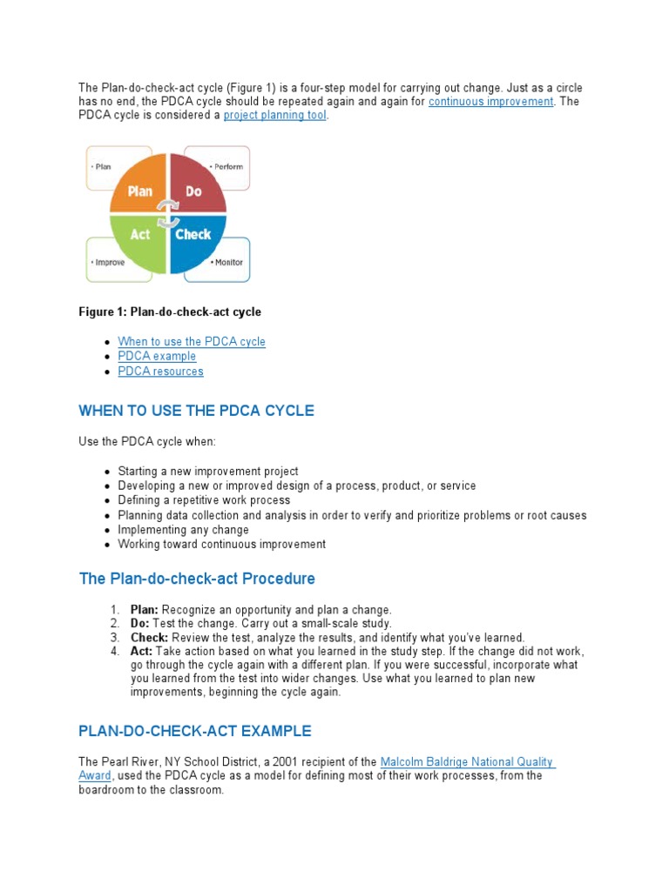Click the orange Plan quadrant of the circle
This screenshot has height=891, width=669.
pos(139,185)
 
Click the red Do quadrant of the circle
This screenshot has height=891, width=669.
pos(195,185)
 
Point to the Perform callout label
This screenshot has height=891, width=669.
pos(227,166)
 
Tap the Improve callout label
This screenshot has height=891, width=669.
pos(108,262)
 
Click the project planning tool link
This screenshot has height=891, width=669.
pos(274,116)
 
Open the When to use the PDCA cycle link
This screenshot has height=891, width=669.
pos(192,341)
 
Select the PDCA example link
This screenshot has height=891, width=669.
pos(157,356)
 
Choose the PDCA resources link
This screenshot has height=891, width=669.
pos(160,371)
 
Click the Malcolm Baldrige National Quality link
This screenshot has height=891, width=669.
pos(467,762)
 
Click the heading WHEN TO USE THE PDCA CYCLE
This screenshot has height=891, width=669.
pos(196,411)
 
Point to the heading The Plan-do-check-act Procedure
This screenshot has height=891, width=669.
pos(197,579)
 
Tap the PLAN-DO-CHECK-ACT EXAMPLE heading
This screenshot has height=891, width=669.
pos(194,731)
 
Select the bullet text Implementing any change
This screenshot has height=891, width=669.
pos(183,529)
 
